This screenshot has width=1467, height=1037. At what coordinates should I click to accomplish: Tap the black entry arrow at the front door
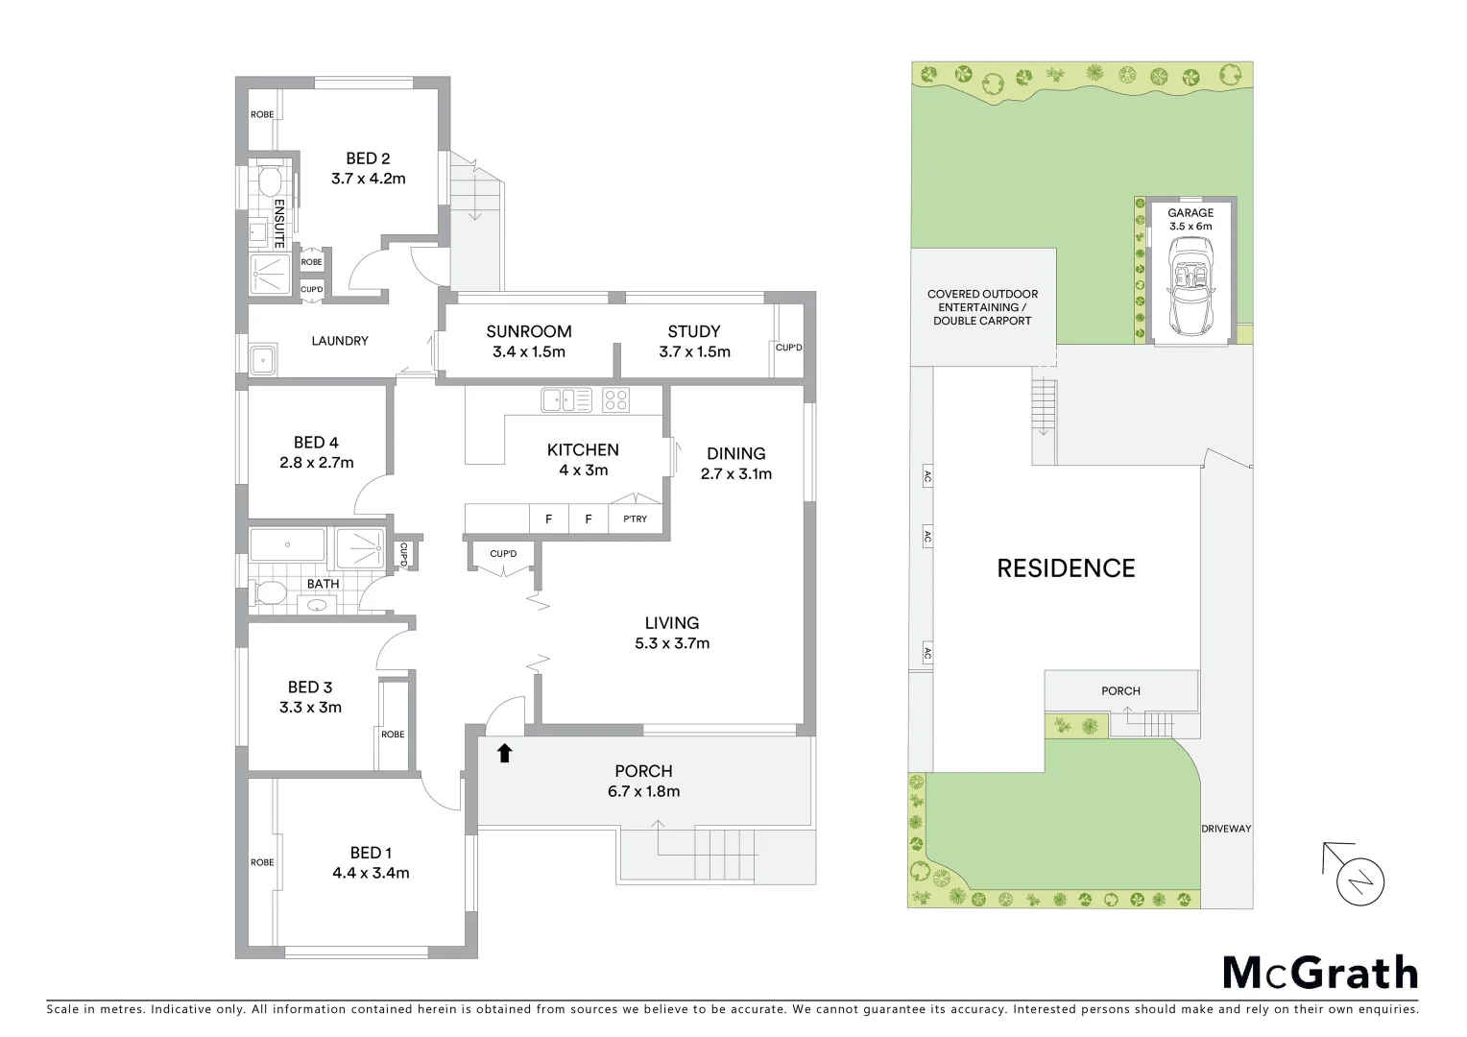(x=505, y=753)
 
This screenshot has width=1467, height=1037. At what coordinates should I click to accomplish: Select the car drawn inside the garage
(x=1190, y=286)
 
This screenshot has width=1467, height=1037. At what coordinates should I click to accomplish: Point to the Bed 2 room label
(x=368, y=168)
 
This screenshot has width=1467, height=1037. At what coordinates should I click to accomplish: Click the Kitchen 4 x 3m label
(x=583, y=459)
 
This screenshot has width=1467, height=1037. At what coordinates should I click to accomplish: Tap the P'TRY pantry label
(x=635, y=518)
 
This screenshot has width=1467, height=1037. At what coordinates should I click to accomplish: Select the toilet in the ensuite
(x=268, y=181)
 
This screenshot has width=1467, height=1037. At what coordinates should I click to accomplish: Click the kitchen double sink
(x=566, y=399)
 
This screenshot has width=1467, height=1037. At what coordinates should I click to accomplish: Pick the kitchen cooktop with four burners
(x=615, y=399)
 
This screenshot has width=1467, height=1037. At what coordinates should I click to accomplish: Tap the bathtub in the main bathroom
(x=287, y=545)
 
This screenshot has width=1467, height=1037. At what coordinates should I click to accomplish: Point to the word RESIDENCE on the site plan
(x=1066, y=568)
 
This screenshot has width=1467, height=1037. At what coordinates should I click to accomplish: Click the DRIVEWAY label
(x=1226, y=828)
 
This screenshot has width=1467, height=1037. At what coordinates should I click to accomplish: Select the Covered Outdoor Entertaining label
(x=982, y=307)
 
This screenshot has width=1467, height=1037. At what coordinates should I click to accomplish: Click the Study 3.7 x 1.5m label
(x=694, y=341)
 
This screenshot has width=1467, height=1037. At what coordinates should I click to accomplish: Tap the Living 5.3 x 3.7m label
(x=671, y=633)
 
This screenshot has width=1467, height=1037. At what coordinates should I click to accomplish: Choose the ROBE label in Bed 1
(x=262, y=862)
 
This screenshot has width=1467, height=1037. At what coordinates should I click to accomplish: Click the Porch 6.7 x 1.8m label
(x=643, y=781)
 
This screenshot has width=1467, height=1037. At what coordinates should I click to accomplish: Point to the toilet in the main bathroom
(x=268, y=593)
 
